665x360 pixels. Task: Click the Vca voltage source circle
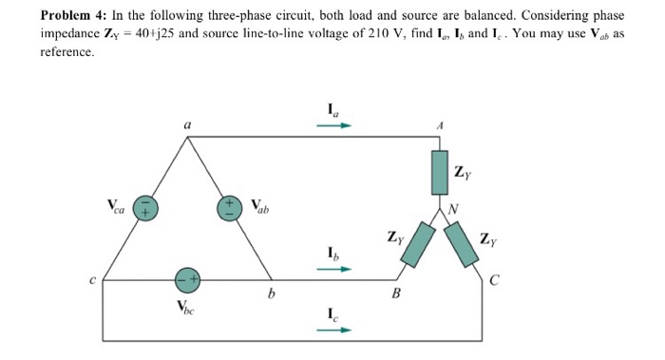coord(143,209)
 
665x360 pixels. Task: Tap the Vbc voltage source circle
coord(188,280)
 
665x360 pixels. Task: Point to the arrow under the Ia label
coord(339,123)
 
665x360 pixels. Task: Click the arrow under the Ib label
coord(339,268)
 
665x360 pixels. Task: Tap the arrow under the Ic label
coord(339,330)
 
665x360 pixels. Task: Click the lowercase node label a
coord(187,123)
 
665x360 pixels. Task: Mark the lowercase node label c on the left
coord(93,279)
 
